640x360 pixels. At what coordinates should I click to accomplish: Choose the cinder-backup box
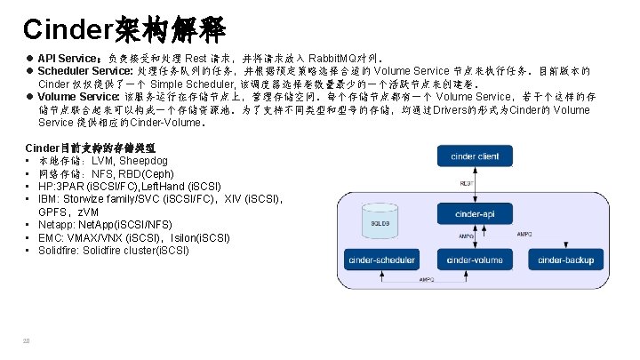[565, 260]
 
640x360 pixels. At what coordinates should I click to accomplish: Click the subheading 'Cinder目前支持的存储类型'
[91, 146]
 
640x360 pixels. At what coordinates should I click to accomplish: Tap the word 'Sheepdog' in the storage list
[144, 161]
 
